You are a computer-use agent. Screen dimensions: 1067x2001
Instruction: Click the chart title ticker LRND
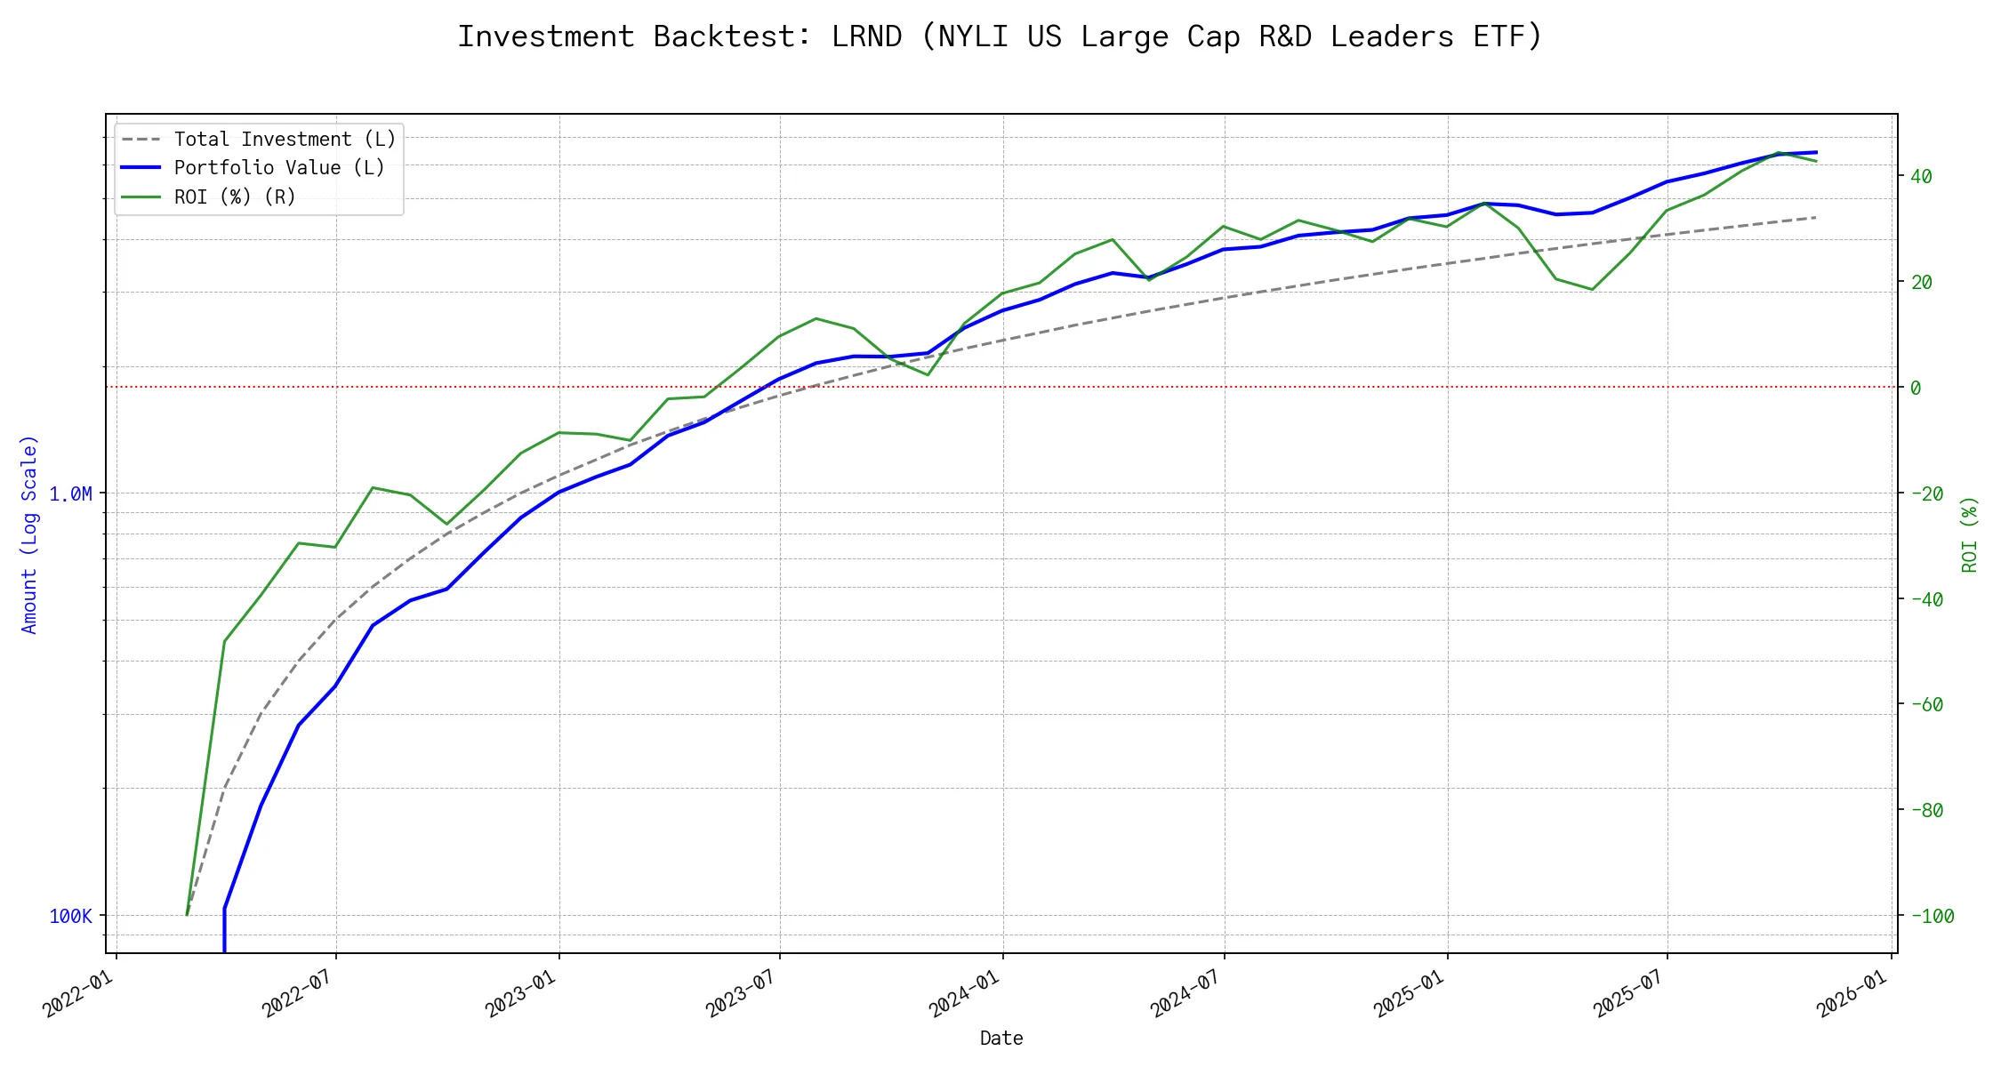click(x=866, y=36)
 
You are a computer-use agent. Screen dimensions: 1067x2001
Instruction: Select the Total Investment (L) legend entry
click(x=285, y=140)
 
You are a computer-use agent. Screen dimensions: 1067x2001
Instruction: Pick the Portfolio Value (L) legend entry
click(x=279, y=168)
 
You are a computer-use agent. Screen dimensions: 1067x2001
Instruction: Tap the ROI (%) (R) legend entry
click(x=235, y=197)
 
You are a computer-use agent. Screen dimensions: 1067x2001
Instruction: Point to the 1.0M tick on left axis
click(x=70, y=493)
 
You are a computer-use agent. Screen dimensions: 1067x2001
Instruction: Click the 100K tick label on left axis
click(x=70, y=916)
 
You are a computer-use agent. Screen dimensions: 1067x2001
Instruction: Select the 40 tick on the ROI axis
click(x=1922, y=176)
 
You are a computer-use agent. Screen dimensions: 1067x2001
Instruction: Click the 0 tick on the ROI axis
click(x=1916, y=388)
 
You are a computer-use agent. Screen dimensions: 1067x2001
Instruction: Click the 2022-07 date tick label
click(x=297, y=992)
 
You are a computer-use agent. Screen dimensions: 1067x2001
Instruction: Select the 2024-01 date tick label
click(x=964, y=992)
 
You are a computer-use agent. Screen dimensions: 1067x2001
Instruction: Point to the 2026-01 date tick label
click(x=1852, y=992)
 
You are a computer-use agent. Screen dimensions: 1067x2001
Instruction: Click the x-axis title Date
click(x=1001, y=1038)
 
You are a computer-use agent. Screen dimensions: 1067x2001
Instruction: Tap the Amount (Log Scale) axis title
click(x=30, y=533)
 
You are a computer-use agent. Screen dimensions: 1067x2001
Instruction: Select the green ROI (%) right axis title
click(x=1970, y=533)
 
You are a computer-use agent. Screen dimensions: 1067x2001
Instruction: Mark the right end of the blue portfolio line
click(x=1815, y=152)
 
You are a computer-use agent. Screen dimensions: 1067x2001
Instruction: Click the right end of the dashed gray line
click(x=1815, y=217)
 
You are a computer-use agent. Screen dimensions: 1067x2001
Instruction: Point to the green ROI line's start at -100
click(x=187, y=915)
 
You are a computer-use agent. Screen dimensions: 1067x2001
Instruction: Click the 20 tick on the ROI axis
click(x=1922, y=282)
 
